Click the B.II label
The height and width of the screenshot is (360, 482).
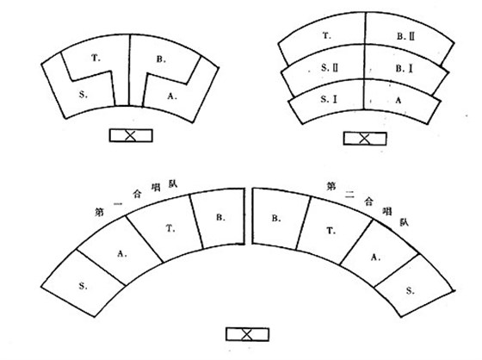405,36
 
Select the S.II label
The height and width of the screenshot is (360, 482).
329,68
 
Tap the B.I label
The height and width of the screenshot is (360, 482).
404,69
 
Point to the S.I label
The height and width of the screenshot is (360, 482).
329,99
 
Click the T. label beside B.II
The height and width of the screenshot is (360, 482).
327,36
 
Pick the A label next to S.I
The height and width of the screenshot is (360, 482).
398,100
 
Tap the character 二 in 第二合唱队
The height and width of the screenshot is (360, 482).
349,195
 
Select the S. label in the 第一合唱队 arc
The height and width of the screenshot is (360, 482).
83,286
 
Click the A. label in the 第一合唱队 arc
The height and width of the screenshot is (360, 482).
122,253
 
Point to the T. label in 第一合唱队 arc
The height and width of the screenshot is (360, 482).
170,228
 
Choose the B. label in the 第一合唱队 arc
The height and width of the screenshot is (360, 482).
220,217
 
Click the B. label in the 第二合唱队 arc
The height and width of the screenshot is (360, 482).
275,218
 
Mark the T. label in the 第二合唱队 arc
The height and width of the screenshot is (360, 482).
331,231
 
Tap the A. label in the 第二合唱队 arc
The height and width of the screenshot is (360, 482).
375,257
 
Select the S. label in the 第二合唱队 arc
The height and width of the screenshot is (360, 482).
410,290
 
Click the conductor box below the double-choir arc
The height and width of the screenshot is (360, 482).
248,334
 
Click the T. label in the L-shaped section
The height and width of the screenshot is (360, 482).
96,58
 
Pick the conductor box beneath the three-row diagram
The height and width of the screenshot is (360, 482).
365,139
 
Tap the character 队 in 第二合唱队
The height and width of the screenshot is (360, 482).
404,222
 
